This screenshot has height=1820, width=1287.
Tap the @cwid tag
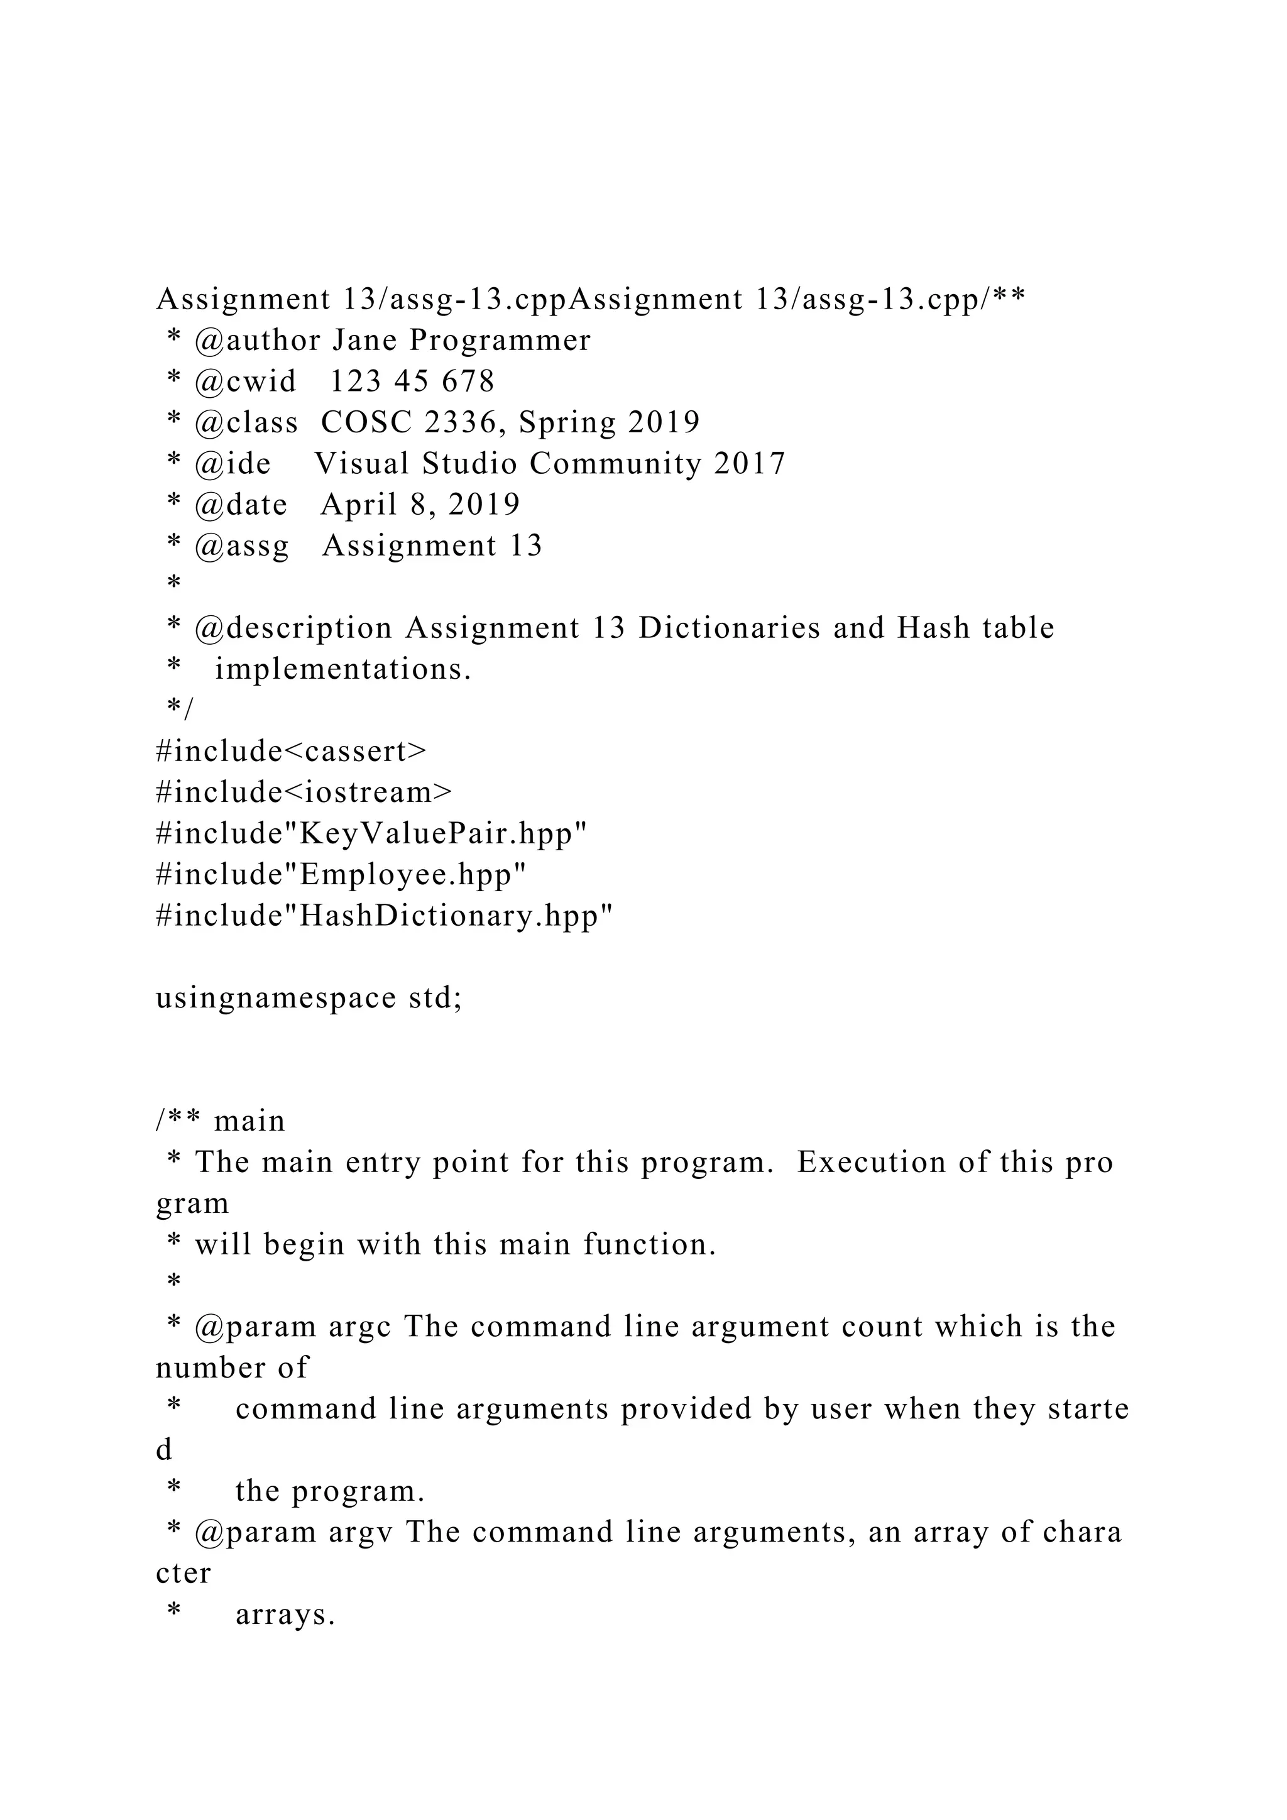point(245,382)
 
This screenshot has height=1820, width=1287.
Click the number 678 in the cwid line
point(468,382)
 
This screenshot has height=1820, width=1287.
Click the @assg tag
point(242,546)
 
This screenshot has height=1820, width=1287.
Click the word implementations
point(343,670)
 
